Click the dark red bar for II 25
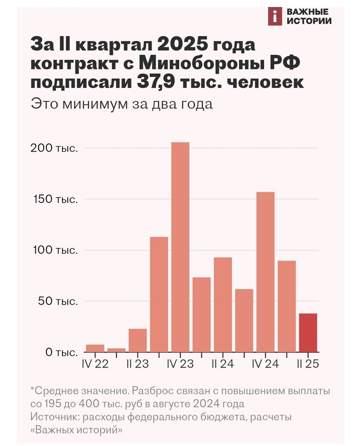(x=308, y=333)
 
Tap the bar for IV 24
(x=265, y=272)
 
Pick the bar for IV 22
(x=95, y=348)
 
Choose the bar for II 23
(x=137, y=340)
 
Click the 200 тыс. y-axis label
(x=54, y=148)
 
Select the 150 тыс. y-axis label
(x=54, y=199)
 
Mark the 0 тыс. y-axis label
(x=59, y=352)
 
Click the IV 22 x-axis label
(x=95, y=364)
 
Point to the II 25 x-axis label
(x=308, y=364)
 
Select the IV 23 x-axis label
(x=180, y=364)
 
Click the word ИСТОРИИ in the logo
(x=310, y=21)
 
